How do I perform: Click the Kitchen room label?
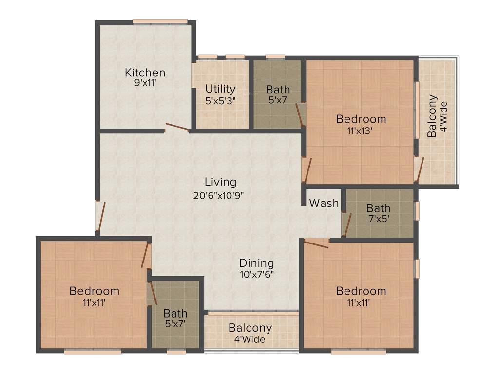(x=145, y=73)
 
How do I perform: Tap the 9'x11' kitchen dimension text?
(x=145, y=83)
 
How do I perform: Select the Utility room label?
(x=220, y=89)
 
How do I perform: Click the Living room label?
(x=220, y=182)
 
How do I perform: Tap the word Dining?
(x=256, y=263)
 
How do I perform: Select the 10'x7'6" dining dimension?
(x=256, y=274)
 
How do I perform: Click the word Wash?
(x=324, y=203)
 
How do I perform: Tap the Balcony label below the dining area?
(x=250, y=328)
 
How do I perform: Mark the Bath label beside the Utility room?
(x=278, y=90)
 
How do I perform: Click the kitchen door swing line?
(x=177, y=128)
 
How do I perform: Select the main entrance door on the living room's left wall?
(x=100, y=217)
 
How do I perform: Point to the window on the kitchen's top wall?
(x=160, y=21)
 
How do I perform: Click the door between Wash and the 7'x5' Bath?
(x=346, y=224)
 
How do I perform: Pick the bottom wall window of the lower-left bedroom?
(x=93, y=351)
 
